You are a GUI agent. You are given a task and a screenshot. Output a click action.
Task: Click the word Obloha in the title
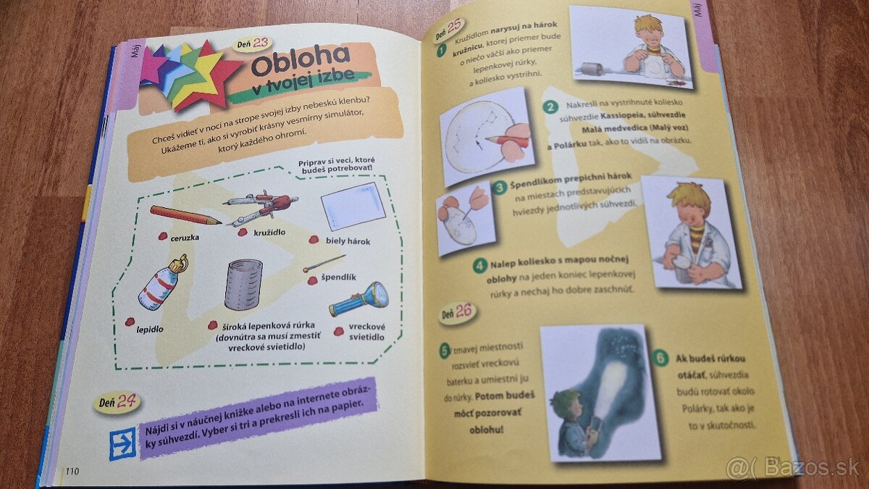[x=300, y=60]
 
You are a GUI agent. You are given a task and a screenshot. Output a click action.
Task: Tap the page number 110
[x=72, y=471]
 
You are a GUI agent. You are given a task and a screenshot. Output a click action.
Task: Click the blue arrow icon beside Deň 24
[x=122, y=443]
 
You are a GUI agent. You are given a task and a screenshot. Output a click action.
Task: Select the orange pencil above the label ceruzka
[x=185, y=215]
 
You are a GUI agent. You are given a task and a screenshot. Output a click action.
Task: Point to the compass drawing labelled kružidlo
[x=261, y=207]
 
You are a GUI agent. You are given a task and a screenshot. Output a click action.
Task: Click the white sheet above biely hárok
[x=353, y=206]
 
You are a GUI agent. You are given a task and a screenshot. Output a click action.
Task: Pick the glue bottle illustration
[x=163, y=283]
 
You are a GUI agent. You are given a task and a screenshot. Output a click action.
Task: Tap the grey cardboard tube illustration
[x=243, y=285]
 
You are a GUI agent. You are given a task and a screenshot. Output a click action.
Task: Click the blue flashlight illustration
[x=359, y=299]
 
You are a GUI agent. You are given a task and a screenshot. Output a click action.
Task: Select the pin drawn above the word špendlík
[x=324, y=263]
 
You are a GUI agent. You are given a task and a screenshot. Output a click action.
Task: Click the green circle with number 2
[x=550, y=106]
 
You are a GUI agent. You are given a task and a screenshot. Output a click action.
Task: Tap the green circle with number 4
[x=479, y=266]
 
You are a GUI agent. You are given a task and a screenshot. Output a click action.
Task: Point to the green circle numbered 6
[x=660, y=357]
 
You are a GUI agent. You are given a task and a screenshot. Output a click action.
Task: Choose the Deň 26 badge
[x=458, y=313]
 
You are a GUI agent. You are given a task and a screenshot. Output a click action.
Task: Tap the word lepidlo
[x=150, y=330]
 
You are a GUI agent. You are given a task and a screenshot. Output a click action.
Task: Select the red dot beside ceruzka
[x=163, y=236]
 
